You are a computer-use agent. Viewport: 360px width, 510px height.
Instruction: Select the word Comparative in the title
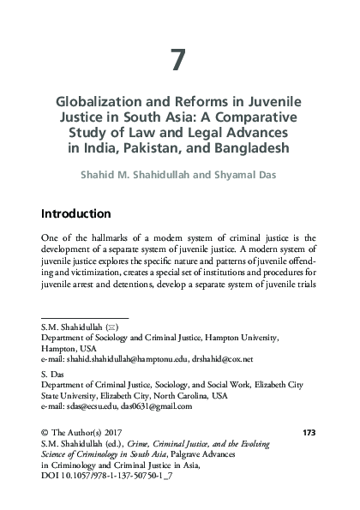click(x=249, y=116)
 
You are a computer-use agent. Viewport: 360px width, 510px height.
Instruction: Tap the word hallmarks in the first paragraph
click(x=117, y=237)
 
